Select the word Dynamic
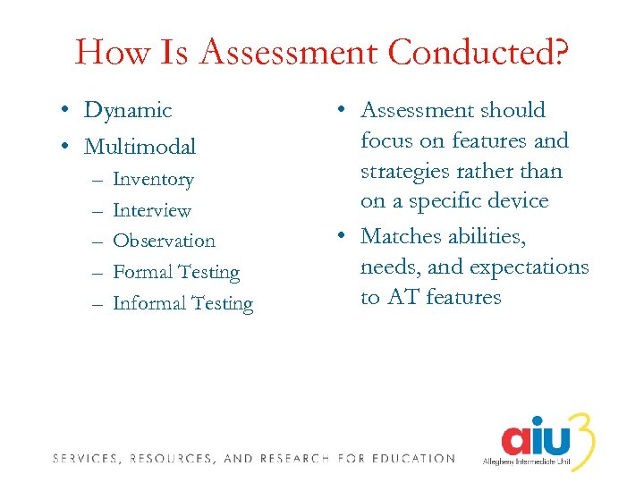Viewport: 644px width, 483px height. [127, 111]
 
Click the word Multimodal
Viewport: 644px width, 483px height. [140, 146]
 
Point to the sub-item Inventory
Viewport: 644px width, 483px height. [153, 180]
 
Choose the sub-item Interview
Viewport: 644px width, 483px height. [152, 211]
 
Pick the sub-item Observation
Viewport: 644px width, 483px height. [164, 241]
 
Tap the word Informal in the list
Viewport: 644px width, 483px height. [146, 304]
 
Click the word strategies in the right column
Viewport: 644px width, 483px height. [403, 171]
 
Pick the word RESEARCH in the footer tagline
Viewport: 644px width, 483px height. [296, 459]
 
